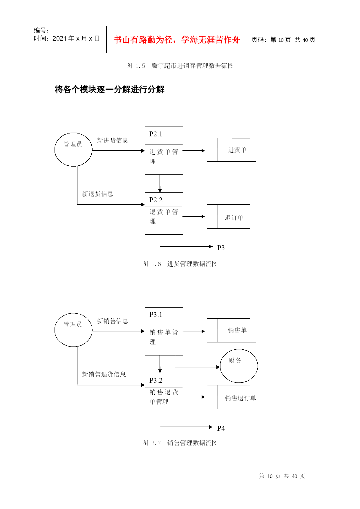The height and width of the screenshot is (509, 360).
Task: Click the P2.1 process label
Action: pyautogui.click(x=155, y=134)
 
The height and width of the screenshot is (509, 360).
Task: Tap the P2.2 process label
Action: pyautogui.click(x=155, y=200)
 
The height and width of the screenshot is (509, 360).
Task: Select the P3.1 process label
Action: pyautogui.click(x=155, y=315)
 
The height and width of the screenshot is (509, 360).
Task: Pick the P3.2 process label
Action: pyautogui.click(x=155, y=380)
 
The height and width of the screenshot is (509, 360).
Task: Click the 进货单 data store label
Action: pyautogui.click(x=237, y=150)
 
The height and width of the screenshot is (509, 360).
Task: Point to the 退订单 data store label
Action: pyautogui.click(x=234, y=218)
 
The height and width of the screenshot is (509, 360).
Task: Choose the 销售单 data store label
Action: pyautogui.click(x=237, y=330)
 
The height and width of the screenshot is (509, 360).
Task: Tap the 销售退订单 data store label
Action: pyautogui.click(x=240, y=398)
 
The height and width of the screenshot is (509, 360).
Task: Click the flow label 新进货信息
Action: pyautogui.click(x=113, y=140)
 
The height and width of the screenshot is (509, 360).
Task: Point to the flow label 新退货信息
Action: pyautogui.click(x=97, y=194)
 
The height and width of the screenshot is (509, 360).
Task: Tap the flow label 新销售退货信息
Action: pyautogui.click(x=104, y=374)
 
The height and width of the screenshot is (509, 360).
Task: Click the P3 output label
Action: pyautogui.click(x=221, y=248)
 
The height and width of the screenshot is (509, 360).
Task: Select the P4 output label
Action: pyautogui.click(x=221, y=428)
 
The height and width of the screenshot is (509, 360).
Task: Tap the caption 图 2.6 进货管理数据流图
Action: pyautogui.click(x=180, y=264)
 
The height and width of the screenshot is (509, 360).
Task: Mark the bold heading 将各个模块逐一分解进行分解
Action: pyautogui.click(x=109, y=89)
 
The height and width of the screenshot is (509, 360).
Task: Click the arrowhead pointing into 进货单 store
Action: pyautogui.click(x=203, y=151)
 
